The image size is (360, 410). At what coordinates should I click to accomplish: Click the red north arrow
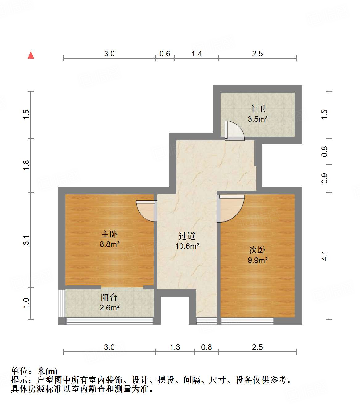31,55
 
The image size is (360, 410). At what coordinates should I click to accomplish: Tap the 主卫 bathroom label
257,109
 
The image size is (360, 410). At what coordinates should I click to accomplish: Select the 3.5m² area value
257,119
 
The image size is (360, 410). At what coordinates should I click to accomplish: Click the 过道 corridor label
187,236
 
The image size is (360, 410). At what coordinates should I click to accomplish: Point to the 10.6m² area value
187,246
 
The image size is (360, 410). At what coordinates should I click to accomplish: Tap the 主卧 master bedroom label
109,234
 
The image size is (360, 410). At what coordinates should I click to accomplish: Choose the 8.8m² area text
109,244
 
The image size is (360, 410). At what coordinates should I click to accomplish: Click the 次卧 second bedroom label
257,250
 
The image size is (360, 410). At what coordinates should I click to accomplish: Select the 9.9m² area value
257,260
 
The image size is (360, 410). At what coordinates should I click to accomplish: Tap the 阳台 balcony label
109,297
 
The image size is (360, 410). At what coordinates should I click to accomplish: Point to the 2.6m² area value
109,307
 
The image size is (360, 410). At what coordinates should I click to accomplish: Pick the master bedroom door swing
146,211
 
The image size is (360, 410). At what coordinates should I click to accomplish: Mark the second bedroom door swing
231,208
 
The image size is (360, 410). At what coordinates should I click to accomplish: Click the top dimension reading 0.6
165,54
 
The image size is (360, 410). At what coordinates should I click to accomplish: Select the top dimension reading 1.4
197,54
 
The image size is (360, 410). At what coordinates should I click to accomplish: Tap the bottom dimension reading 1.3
175,347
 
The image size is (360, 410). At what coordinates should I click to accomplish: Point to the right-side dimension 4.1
324,256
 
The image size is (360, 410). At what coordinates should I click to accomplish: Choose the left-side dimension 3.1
26,240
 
